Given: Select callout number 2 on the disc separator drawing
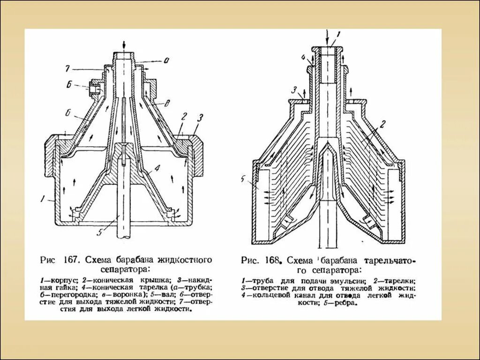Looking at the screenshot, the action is click(382, 123).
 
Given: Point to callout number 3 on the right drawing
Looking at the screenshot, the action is click(294, 90).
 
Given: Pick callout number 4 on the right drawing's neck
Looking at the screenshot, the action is click(303, 58).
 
